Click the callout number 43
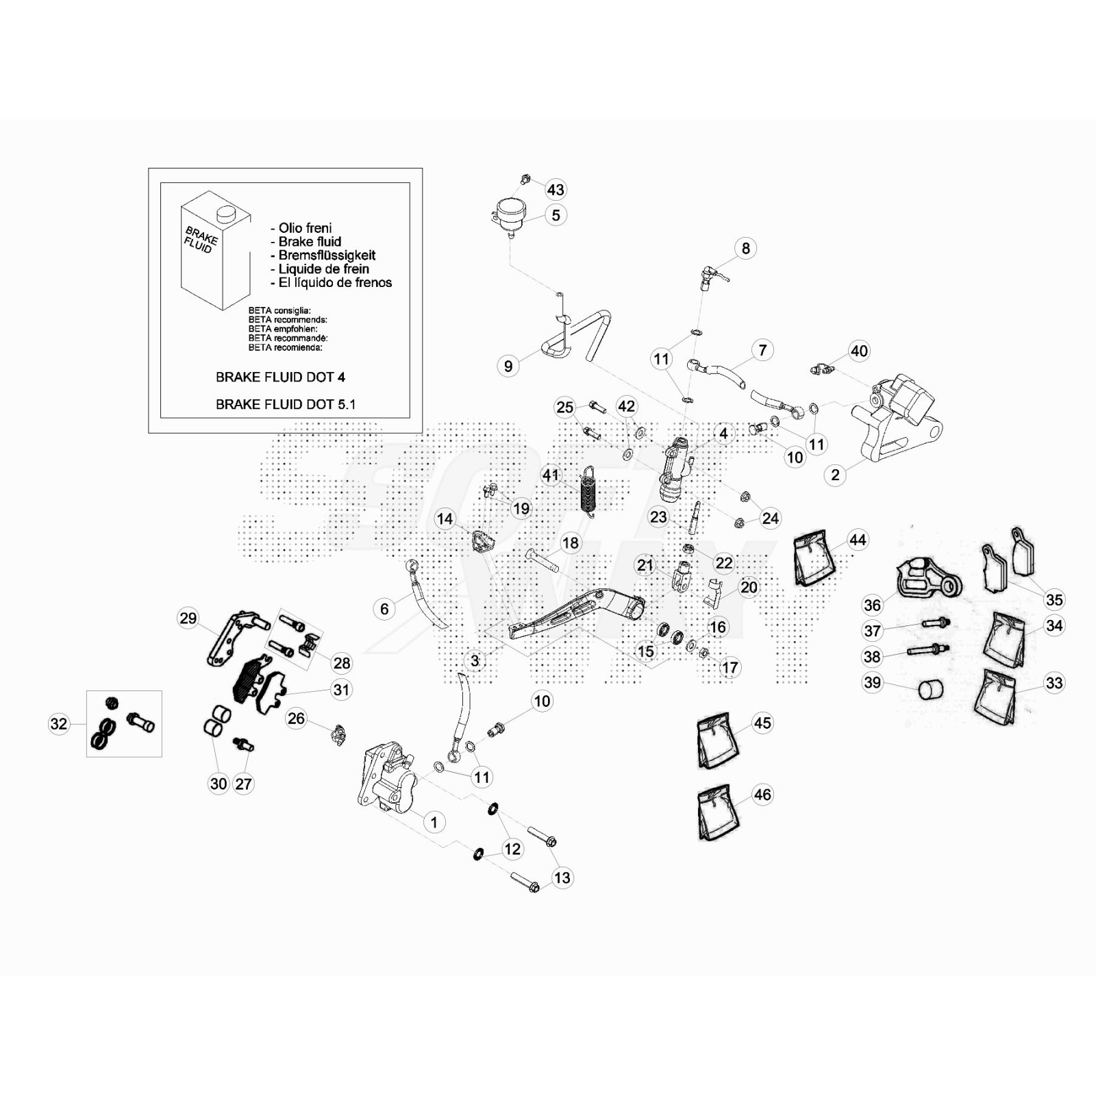(x=556, y=190)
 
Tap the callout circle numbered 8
(x=746, y=248)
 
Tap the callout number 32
(x=59, y=723)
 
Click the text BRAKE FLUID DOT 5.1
(x=285, y=404)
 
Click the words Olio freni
(x=305, y=228)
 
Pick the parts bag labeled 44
(x=812, y=558)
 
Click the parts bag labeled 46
(x=718, y=813)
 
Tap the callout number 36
(x=872, y=605)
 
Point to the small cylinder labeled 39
(x=930, y=689)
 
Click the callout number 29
(x=188, y=618)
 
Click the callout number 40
(x=859, y=351)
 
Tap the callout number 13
(x=562, y=877)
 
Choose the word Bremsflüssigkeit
(x=326, y=256)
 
